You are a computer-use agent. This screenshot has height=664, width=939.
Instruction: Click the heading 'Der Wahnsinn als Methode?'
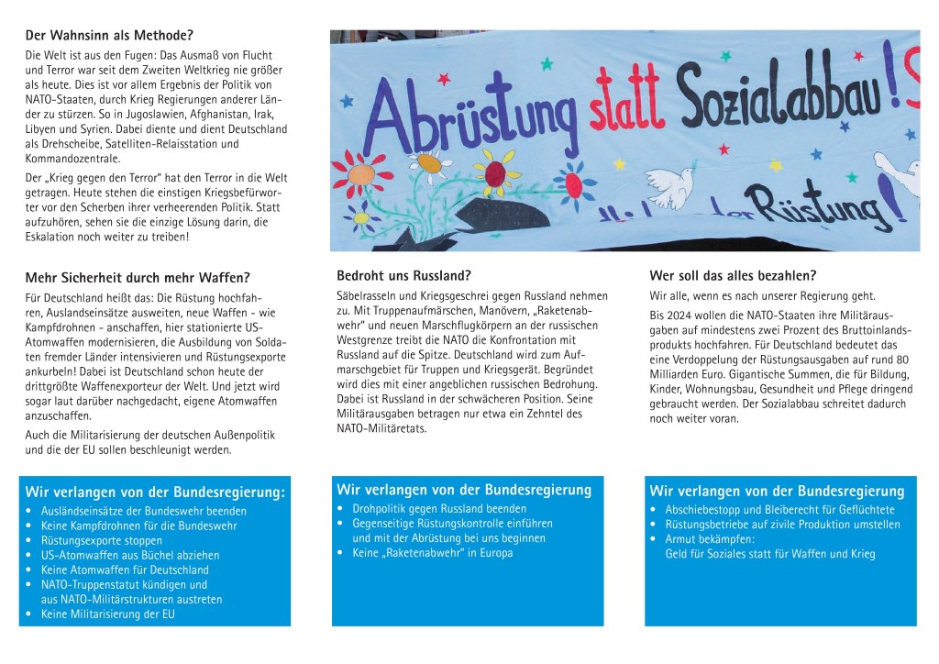coord(109,37)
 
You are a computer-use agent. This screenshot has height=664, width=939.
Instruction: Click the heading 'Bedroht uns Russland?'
coord(404,275)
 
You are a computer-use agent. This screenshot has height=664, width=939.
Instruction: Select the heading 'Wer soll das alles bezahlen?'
coord(733,275)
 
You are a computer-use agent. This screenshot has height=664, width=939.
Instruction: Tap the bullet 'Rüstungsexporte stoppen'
coord(101,541)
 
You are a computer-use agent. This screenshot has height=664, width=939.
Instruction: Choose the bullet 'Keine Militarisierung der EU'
coord(108,614)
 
